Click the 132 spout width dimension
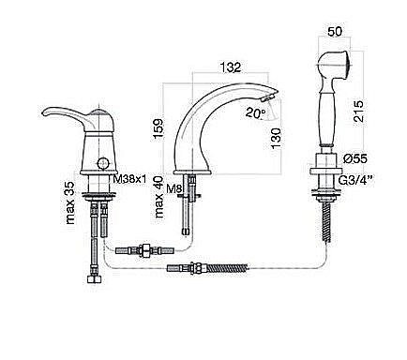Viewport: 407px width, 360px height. [231, 67]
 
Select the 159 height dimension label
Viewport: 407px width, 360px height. [158, 128]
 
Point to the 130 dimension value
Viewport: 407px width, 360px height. [277, 139]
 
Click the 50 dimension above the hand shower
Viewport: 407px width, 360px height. [335, 32]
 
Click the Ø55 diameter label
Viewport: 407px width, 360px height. [355, 158]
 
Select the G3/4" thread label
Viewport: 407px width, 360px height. [356, 181]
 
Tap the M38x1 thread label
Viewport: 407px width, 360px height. [129, 179]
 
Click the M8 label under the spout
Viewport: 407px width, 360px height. [173, 188]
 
